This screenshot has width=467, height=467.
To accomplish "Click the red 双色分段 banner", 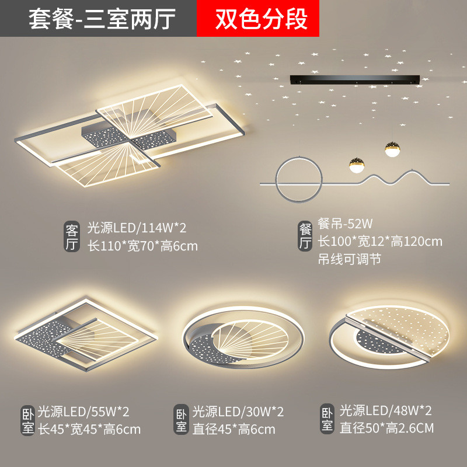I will pyautogui.click(x=262, y=19).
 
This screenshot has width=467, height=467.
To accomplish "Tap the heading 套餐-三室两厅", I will pyautogui.click(x=102, y=19).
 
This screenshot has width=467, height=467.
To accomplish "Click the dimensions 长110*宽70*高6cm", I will pyautogui.click(x=142, y=246).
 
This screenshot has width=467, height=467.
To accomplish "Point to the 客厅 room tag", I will pyautogui.click(x=71, y=236).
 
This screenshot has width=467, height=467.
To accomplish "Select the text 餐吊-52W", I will pyautogui.click(x=345, y=223).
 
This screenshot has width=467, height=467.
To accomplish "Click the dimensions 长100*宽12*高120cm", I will pyautogui.click(x=379, y=241).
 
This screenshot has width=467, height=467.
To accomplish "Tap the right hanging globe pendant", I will pyautogui.click(x=392, y=149).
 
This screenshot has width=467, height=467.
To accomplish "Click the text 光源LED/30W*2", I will pyautogui.click(x=238, y=412).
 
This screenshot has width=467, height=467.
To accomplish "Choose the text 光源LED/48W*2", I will pyautogui.click(x=386, y=410).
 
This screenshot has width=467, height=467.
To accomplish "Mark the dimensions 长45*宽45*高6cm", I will pyautogui.click(x=89, y=430).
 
